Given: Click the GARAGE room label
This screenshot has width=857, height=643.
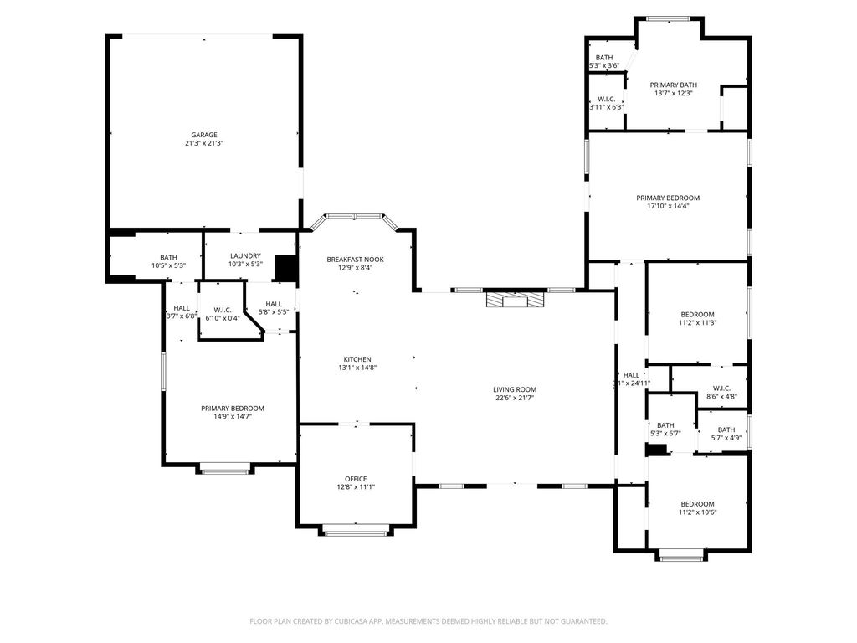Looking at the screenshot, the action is pyautogui.click(x=204, y=135).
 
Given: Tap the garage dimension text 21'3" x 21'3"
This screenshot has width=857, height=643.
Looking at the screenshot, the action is pyautogui.click(x=204, y=143).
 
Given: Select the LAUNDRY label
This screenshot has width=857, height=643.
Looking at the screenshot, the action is pyautogui.click(x=245, y=256).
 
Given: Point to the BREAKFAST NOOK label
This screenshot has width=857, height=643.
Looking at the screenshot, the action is pyautogui.click(x=355, y=260).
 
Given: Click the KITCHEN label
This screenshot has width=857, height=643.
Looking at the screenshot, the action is pyautogui.click(x=357, y=360).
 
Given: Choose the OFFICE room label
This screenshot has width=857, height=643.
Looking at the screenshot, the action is pyautogui.click(x=356, y=479).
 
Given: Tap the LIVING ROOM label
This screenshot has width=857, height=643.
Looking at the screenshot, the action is pyautogui.click(x=515, y=390).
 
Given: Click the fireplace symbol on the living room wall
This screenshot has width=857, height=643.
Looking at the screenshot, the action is pyautogui.click(x=516, y=301).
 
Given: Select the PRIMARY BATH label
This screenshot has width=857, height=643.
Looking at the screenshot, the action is pyautogui.click(x=674, y=85).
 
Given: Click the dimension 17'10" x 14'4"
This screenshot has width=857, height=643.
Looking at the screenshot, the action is pyautogui.click(x=668, y=206).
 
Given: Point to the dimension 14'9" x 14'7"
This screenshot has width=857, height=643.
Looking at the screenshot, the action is pyautogui.click(x=233, y=417).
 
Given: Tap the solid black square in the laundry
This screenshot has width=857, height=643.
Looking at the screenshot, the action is pyautogui.click(x=285, y=269).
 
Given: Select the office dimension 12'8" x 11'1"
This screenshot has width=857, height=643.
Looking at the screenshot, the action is pyautogui.click(x=356, y=487).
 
